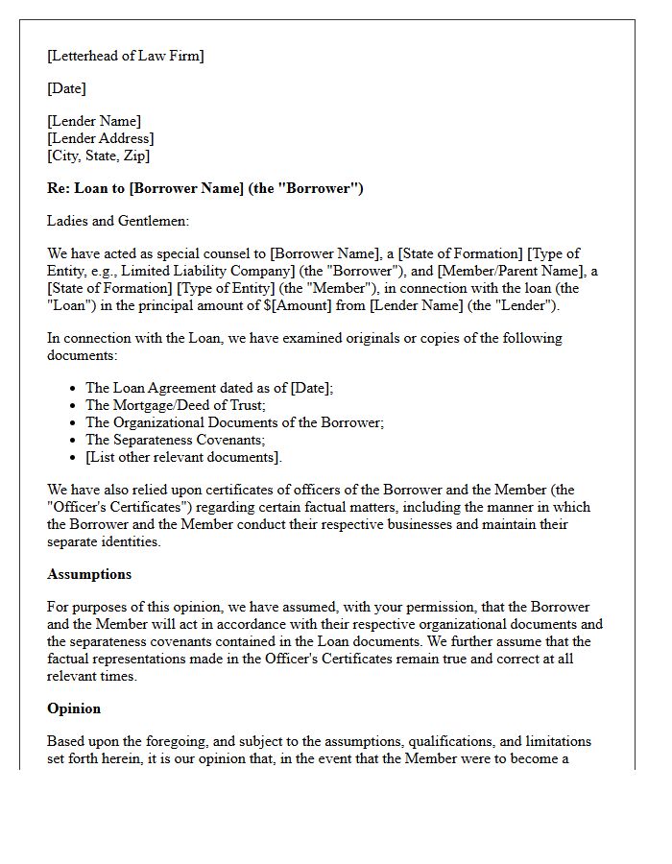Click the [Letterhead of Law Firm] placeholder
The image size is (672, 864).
pyautogui.click(x=126, y=56)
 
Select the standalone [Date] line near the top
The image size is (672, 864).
pyautogui.click(x=66, y=88)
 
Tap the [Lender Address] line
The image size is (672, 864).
pyautogui.click(x=100, y=138)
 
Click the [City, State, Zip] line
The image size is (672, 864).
pyautogui.click(x=99, y=156)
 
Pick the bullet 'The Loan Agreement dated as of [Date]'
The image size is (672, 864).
pyautogui.click(x=209, y=388)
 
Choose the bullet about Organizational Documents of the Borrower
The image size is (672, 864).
pyautogui.click(x=235, y=422)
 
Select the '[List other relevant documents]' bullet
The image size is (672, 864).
pyautogui.click(x=184, y=457)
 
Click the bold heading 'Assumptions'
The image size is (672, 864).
pyautogui.click(x=89, y=574)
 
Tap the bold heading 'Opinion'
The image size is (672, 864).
pyautogui.click(x=74, y=708)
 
